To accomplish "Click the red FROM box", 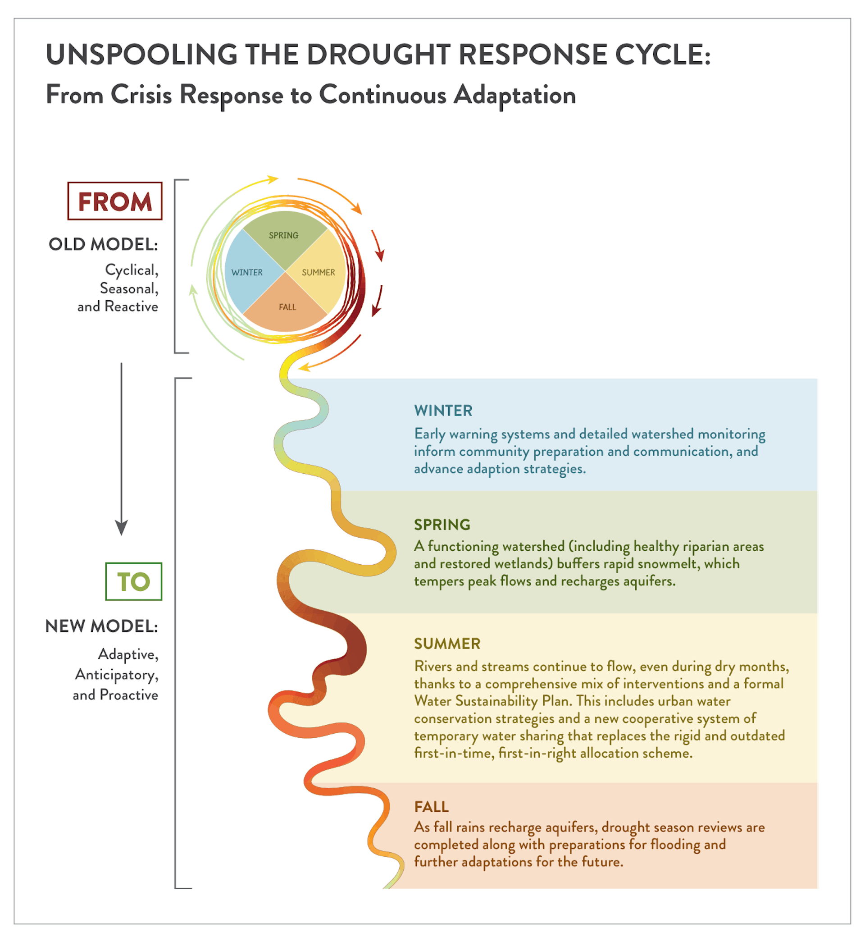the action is click(115, 201).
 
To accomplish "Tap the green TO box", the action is click(134, 581).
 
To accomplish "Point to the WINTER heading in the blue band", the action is click(443, 411).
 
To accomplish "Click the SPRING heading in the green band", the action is click(442, 525).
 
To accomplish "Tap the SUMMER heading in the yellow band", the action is click(447, 644).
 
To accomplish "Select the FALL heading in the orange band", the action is click(432, 806).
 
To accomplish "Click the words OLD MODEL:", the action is click(104, 244).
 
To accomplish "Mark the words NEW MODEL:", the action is click(101, 626).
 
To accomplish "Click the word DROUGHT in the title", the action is click(378, 55).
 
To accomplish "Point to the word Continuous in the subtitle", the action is click(382, 95).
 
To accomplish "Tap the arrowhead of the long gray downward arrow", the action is click(121, 528).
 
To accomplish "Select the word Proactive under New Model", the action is click(129, 695).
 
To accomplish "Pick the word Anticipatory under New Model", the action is click(117, 675).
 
